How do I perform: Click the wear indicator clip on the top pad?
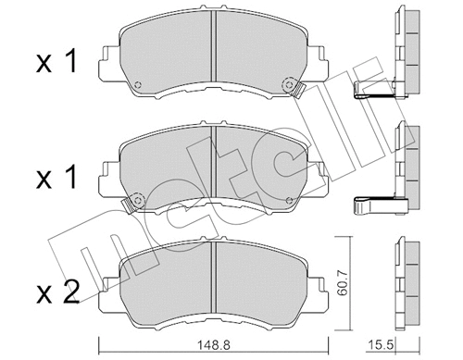pos(297,90)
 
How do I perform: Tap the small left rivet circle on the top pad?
pos(137,88)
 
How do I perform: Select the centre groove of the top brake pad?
pos(213,51)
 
